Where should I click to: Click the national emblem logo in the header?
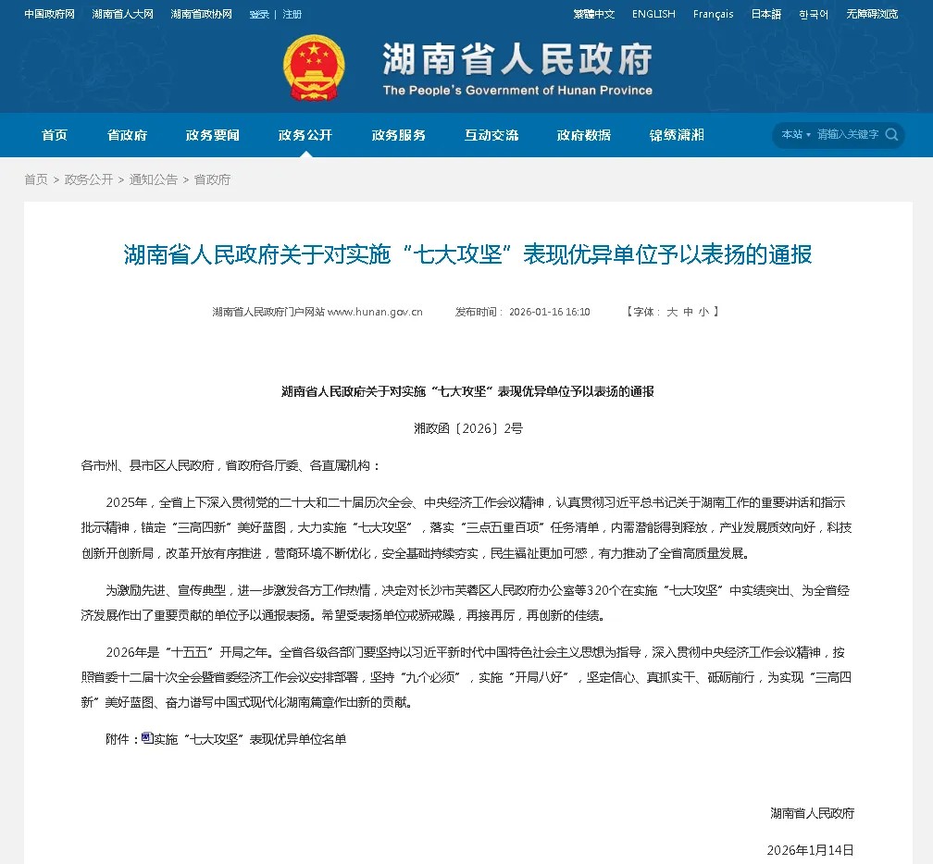pyautogui.click(x=314, y=68)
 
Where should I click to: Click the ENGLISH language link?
pyautogui.click(x=653, y=14)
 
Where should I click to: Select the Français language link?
pyautogui.click(x=713, y=14)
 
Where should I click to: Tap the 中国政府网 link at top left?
pyautogui.click(x=49, y=14)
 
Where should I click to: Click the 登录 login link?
pyautogui.click(x=259, y=14)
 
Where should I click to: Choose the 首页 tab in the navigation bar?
pyautogui.click(x=55, y=135)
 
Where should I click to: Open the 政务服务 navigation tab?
pyautogui.click(x=399, y=135)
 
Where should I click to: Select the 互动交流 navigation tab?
pyautogui.click(x=491, y=135)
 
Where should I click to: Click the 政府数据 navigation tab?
pyautogui.click(x=584, y=135)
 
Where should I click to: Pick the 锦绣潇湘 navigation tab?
pyautogui.click(x=677, y=135)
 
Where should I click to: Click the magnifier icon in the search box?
pyautogui.click(x=891, y=134)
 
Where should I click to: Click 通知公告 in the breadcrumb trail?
pyautogui.click(x=154, y=179)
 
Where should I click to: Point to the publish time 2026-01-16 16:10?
pyautogui.click(x=549, y=312)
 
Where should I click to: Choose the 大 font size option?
pyautogui.click(x=673, y=312)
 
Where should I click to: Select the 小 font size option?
pyautogui.click(x=704, y=312)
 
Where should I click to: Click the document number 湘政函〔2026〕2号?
pyautogui.click(x=467, y=428)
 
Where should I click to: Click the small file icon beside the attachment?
pyautogui.click(x=147, y=738)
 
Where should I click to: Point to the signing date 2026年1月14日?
pyautogui.click(x=810, y=849)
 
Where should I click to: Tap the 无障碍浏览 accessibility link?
pyautogui.click(x=872, y=14)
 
